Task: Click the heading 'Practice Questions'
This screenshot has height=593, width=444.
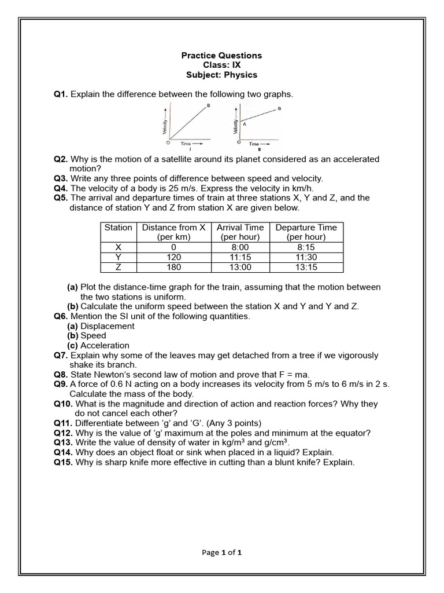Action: click(221, 56)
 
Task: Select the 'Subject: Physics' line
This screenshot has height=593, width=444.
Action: click(221, 75)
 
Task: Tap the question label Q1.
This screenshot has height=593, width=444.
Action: click(61, 94)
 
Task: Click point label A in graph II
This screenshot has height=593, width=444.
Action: click(245, 123)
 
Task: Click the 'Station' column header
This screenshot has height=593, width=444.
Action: click(118, 228)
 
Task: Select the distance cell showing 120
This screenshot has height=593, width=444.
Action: click(173, 257)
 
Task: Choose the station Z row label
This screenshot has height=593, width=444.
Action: click(118, 267)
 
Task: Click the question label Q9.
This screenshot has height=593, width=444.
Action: click(61, 384)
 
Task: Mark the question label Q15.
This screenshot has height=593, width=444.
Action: click(63, 462)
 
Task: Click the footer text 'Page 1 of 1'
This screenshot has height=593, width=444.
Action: click(221, 552)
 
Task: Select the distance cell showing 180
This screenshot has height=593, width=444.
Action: click(173, 267)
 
